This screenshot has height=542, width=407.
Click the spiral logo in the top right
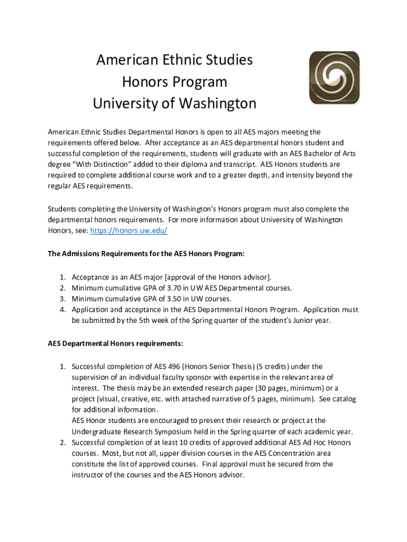click(x=334, y=77)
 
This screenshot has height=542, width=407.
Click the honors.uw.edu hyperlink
click(x=129, y=231)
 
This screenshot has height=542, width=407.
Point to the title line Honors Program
click(x=174, y=82)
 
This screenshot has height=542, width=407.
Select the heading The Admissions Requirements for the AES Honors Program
click(x=146, y=254)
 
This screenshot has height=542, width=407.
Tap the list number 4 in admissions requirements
click(x=62, y=310)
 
